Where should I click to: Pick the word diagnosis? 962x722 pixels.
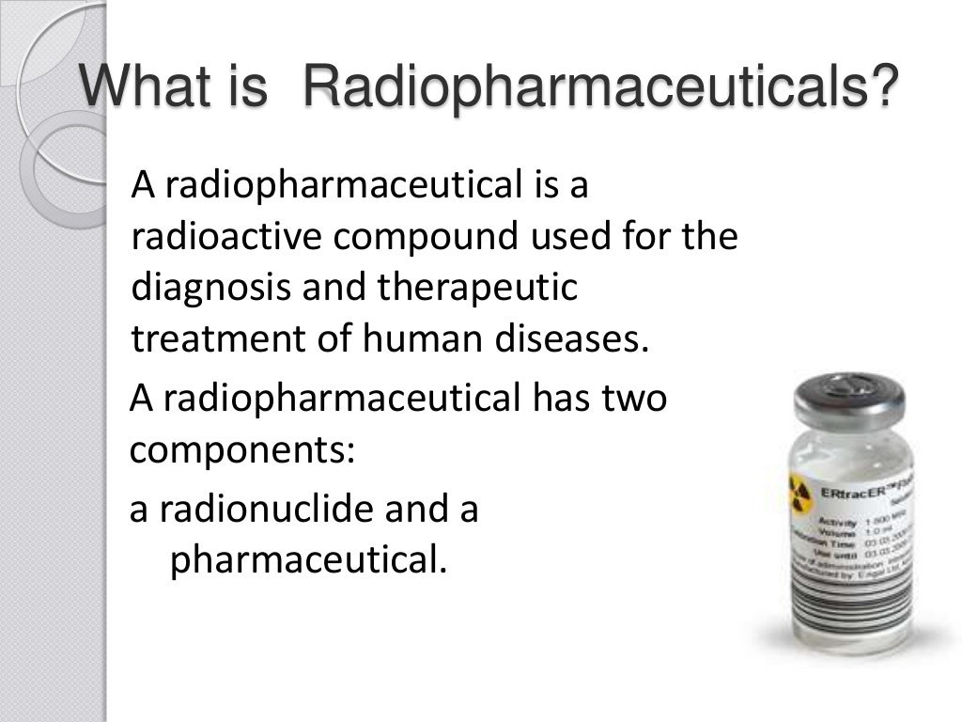pyautogui.click(x=209, y=288)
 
